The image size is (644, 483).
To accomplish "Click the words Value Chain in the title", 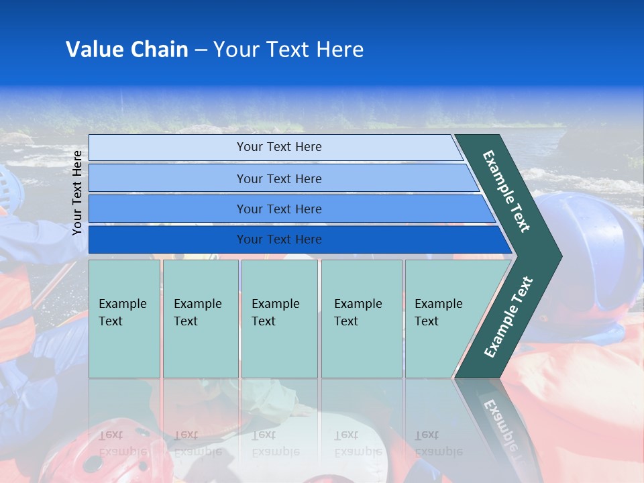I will [x=127, y=50].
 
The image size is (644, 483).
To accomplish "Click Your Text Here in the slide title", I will [x=288, y=50].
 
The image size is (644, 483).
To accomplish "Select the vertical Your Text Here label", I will [x=77, y=193].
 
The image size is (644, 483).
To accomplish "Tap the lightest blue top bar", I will [x=278, y=147].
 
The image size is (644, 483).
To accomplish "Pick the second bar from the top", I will [x=278, y=178].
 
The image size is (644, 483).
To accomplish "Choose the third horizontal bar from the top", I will [x=278, y=209].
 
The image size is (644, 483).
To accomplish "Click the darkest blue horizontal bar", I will [x=278, y=239].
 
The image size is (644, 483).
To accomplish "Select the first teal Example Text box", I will [x=124, y=319].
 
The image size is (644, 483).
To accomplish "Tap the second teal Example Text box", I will [x=200, y=319].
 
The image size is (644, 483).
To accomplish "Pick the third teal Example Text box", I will [x=278, y=319].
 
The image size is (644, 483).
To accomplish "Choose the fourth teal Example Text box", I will [x=361, y=319].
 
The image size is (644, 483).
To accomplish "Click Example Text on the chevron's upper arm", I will [x=506, y=191].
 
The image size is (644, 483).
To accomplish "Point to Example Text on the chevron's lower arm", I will [x=508, y=317].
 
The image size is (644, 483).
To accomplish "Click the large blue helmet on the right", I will [x=590, y=248].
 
